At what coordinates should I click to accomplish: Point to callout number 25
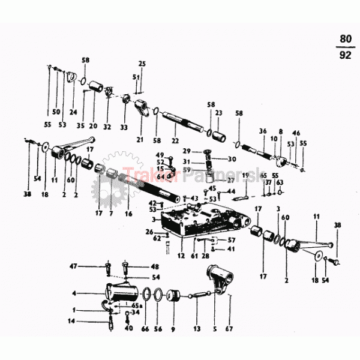point(142,64)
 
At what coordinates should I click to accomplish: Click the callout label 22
point(175,140)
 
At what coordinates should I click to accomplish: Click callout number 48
point(155,266)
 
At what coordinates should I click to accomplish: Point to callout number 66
point(145,329)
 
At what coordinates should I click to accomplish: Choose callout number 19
point(244,175)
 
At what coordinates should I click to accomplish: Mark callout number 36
point(262,131)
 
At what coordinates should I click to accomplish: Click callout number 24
point(73,112)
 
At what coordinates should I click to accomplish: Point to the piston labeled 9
point(173,296)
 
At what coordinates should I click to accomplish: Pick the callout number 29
point(186,151)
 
